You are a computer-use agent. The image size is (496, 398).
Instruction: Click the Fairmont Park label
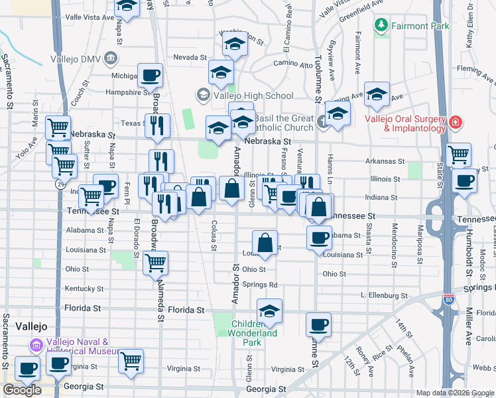[x=420, y=26]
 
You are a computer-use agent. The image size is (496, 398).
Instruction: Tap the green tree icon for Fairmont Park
[x=381, y=26]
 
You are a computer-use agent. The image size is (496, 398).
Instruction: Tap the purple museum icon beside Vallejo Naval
[x=35, y=345]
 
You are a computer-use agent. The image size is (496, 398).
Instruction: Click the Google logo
[x=22, y=390]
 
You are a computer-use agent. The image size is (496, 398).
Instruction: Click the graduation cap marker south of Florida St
[x=269, y=311]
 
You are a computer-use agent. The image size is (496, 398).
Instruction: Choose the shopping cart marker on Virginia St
[x=131, y=362]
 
